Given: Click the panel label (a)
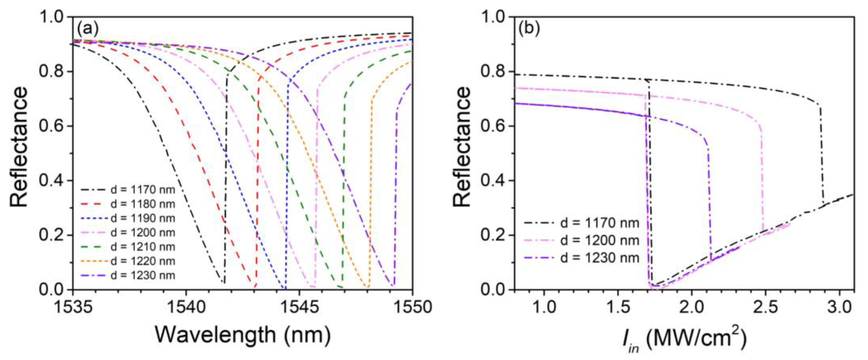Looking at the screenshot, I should [88, 29].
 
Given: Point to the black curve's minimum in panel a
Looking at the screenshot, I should [223, 283].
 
